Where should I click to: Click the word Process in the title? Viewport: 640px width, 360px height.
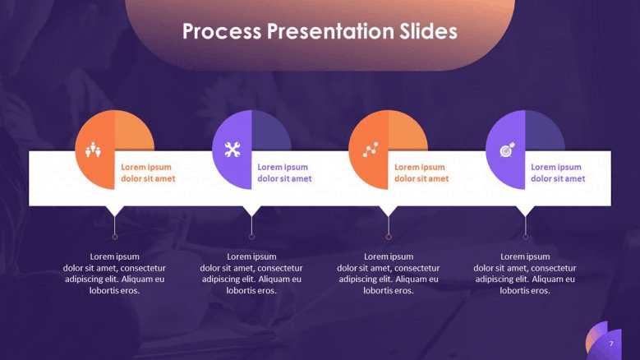222,31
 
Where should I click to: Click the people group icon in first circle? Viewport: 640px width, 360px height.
93,150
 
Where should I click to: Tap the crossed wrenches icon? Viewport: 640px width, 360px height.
233,150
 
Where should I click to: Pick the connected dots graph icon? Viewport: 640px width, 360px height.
371,150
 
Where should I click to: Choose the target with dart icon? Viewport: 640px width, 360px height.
508,150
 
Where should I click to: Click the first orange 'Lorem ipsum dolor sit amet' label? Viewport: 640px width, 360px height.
148,173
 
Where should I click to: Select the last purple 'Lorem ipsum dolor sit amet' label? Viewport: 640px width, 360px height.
558,173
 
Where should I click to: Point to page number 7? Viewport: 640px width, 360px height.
611,344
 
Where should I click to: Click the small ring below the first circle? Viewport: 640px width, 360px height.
115,237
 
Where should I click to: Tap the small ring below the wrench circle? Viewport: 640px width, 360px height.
252,237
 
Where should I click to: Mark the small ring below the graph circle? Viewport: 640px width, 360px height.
389,237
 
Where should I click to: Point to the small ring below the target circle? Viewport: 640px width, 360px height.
525,237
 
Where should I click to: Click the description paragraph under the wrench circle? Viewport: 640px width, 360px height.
251,274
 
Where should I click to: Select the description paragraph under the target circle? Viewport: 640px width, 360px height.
525,274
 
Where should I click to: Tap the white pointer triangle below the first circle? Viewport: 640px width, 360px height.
115,210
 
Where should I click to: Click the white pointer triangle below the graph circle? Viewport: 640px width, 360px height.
388,210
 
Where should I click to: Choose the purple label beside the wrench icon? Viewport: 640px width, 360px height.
284,173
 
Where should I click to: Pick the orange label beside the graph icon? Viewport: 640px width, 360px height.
421,173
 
